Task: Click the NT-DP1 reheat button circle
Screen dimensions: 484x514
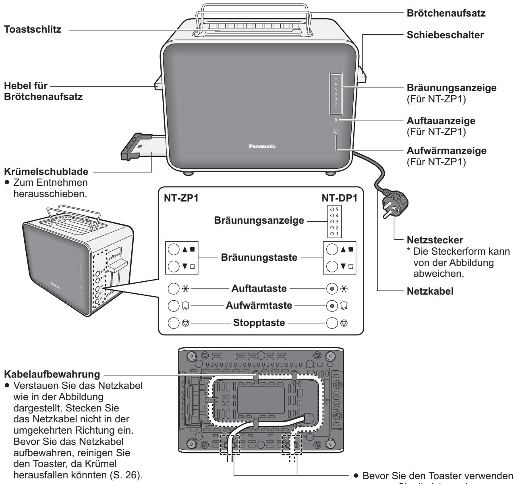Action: (331, 305)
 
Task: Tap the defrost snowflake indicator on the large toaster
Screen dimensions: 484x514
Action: (336, 120)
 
